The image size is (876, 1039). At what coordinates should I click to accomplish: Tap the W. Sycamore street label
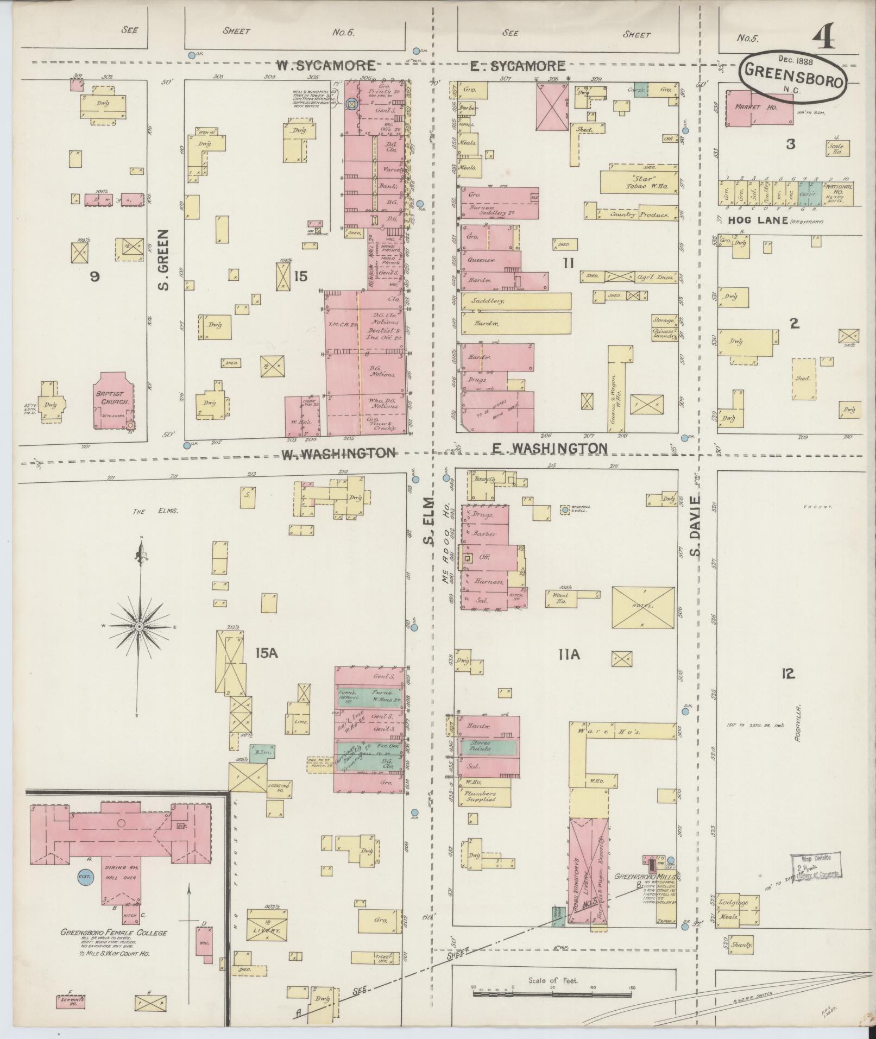[326, 66]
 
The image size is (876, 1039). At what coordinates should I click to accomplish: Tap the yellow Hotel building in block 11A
[643, 606]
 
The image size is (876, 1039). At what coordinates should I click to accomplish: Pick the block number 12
[788, 674]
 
